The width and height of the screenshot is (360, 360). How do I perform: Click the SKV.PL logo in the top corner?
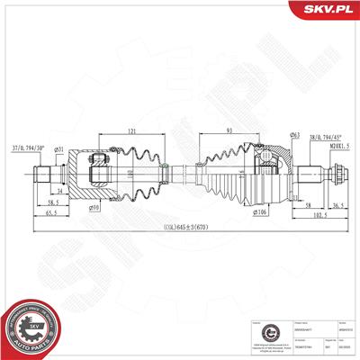click(x=328, y=10)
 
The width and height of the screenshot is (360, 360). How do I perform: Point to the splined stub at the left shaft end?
click(x=42, y=172)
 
